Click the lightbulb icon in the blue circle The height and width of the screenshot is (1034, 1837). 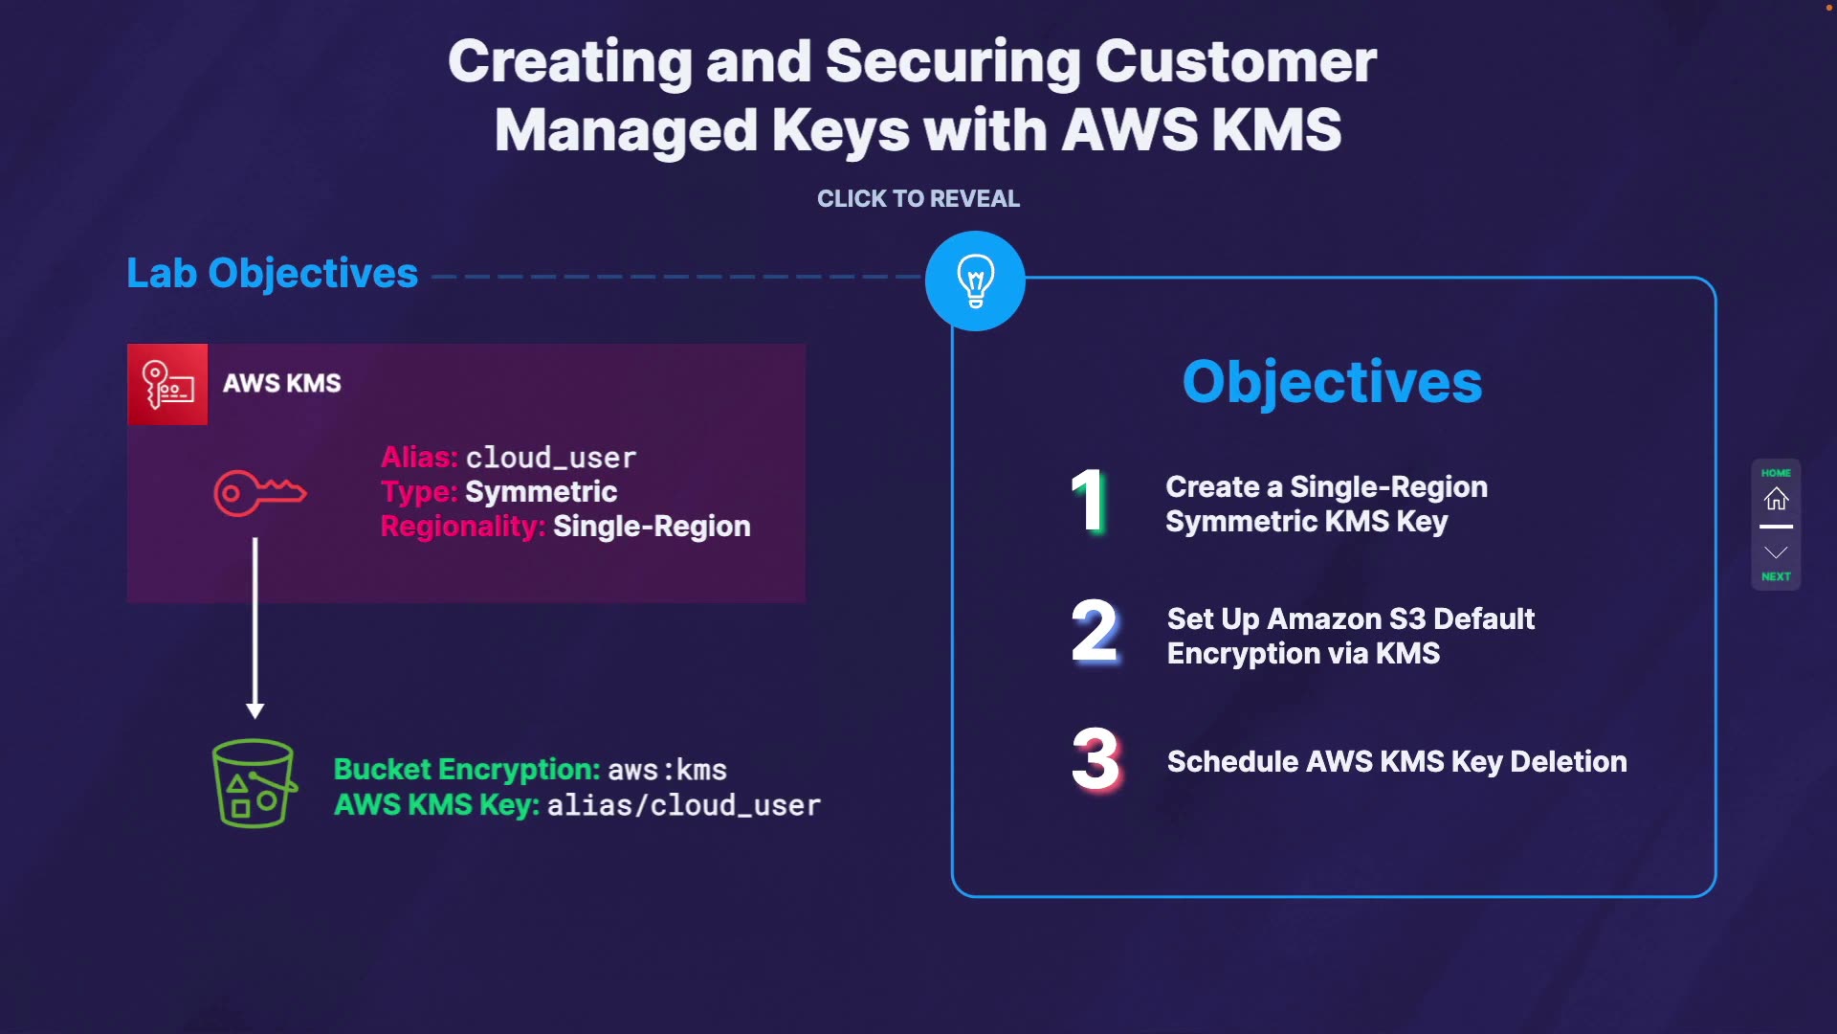tap(975, 281)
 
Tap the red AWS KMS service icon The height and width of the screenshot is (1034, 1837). tap(167, 384)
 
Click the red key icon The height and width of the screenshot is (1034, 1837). tap(259, 493)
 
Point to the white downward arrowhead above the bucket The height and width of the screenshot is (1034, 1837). tap(255, 710)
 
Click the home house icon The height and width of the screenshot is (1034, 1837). tap(1776, 499)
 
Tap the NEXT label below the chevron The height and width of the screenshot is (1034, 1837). tap(1776, 576)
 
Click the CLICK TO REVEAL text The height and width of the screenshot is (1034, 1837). tap(918, 198)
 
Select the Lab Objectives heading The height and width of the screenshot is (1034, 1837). tap(273, 274)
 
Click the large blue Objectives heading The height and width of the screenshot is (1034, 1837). tap(1332, 382)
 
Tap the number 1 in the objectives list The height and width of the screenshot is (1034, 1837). tap(1089, 500)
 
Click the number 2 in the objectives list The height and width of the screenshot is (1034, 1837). tap(1095, 631)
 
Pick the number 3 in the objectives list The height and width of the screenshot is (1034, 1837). tap(1096, 759)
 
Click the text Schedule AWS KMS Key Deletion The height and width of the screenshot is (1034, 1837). tap(1397, 761)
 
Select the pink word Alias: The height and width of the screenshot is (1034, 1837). tap(420, 458)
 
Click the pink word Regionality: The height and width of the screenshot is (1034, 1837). tap(463, 527)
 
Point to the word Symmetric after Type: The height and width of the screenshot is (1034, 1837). tap(541, 492)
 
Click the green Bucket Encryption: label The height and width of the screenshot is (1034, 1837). tap(467, 769)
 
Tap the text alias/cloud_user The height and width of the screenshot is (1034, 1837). tap(684, 805)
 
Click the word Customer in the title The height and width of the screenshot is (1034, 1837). tap(1236, 61)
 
